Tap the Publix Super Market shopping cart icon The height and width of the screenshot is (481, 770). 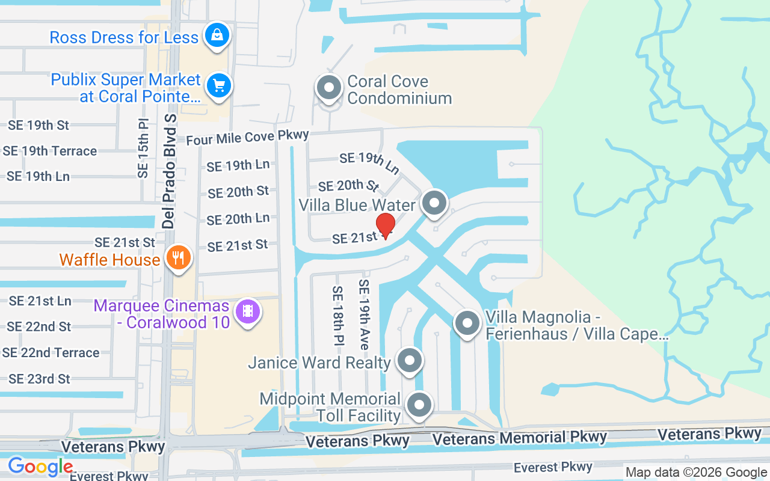(x=218, y=86)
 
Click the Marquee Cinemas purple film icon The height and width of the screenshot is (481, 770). (x=247, y=311)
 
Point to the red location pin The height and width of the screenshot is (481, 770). (x=385, y=224)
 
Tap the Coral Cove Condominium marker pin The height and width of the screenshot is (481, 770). (x=329, y=88)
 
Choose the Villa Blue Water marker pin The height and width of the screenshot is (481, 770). (x=434, y=203)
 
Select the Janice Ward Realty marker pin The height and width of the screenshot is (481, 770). (x=410, y=361)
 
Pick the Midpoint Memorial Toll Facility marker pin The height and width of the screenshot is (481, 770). (x=419, y=405)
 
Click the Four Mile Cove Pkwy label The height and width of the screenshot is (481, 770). (x=247, y=138)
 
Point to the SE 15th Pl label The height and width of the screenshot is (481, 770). (x=143, y=148)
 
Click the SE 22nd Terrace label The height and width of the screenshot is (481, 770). (x=51, y=352)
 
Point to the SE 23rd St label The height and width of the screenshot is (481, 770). (x=39, y=379)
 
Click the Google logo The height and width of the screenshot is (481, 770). (x=40, y=467)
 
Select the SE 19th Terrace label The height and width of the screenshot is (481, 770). (x=50, y=151)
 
